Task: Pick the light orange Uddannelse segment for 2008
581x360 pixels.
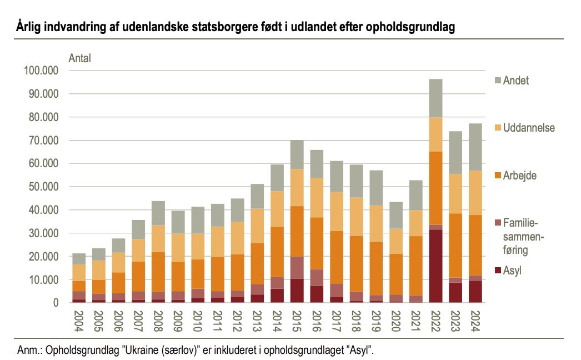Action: [x=159, y=238]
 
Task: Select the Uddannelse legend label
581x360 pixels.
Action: [x=529, y=128]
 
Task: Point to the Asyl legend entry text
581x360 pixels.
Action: [x=513, y=271]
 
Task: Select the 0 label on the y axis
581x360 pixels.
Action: [x=56, y=303]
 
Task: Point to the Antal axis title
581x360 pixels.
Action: [x=79, y=57]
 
